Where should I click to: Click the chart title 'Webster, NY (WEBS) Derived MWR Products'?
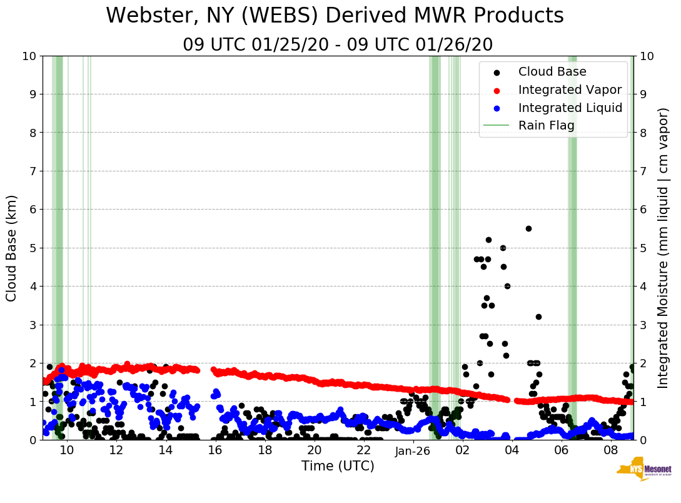[335, 16]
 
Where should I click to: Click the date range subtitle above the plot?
[338, 45]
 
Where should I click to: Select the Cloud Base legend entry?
[552, 72]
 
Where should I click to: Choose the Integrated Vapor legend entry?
[570, 89]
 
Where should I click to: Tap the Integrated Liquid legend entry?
[570, 108]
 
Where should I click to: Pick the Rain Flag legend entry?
[546, 125]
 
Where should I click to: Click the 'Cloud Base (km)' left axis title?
[12, 248]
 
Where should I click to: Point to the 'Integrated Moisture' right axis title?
[663, 248]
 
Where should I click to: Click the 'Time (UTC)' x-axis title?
[338, 466]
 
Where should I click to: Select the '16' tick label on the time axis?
[214, 450]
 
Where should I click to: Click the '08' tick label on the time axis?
[610, 450]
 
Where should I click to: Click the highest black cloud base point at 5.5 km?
[528, 228]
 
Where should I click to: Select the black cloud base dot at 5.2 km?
[488, 240]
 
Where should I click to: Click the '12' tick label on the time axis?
[116, 450]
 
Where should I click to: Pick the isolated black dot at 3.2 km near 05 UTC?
[538, 317]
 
